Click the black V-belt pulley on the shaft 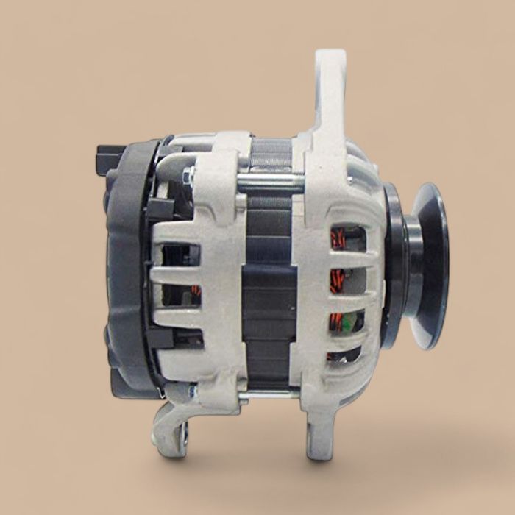coord(430,265)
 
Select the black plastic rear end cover coord(125,265)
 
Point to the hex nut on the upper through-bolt coord(189,175)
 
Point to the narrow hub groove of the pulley coord(408,265)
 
